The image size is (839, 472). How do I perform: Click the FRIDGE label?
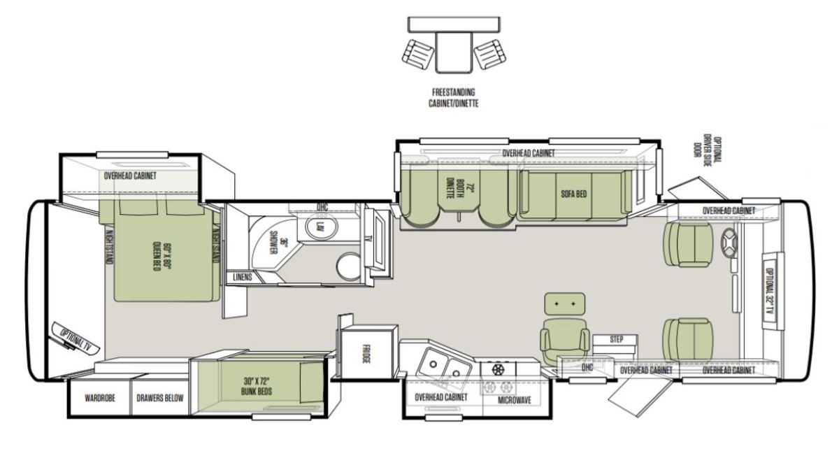366,354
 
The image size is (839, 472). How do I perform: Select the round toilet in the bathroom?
349,266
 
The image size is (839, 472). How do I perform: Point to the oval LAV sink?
321,227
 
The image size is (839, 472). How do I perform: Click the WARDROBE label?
99,398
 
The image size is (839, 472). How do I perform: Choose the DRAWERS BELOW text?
160,398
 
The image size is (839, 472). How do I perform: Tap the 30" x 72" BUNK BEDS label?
257,386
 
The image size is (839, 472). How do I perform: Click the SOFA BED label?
573,194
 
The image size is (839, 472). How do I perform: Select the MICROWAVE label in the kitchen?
515,400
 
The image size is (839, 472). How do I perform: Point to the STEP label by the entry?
617,339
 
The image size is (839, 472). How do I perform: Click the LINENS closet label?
243,277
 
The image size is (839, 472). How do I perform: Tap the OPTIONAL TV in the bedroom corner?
76,338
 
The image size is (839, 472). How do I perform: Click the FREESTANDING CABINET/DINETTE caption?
454,97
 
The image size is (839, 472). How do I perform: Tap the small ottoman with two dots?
564,303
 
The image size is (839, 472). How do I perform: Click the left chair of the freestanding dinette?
418,55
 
